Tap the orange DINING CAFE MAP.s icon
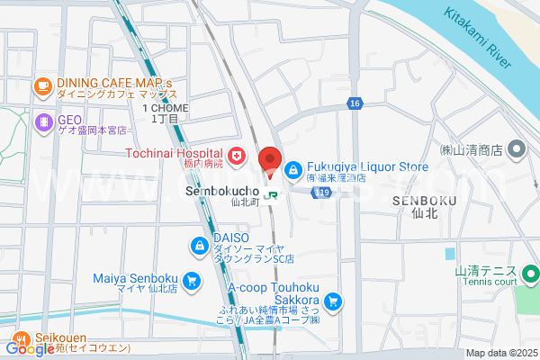pos(42,85)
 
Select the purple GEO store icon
pos(42,121)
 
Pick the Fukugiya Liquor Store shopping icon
pos(293,168)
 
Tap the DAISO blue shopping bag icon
pos(198,245)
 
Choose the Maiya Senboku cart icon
pos(191,282)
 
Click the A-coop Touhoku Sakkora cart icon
pos(333,301)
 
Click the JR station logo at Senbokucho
pos(270,193)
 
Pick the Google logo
pos(29,349)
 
